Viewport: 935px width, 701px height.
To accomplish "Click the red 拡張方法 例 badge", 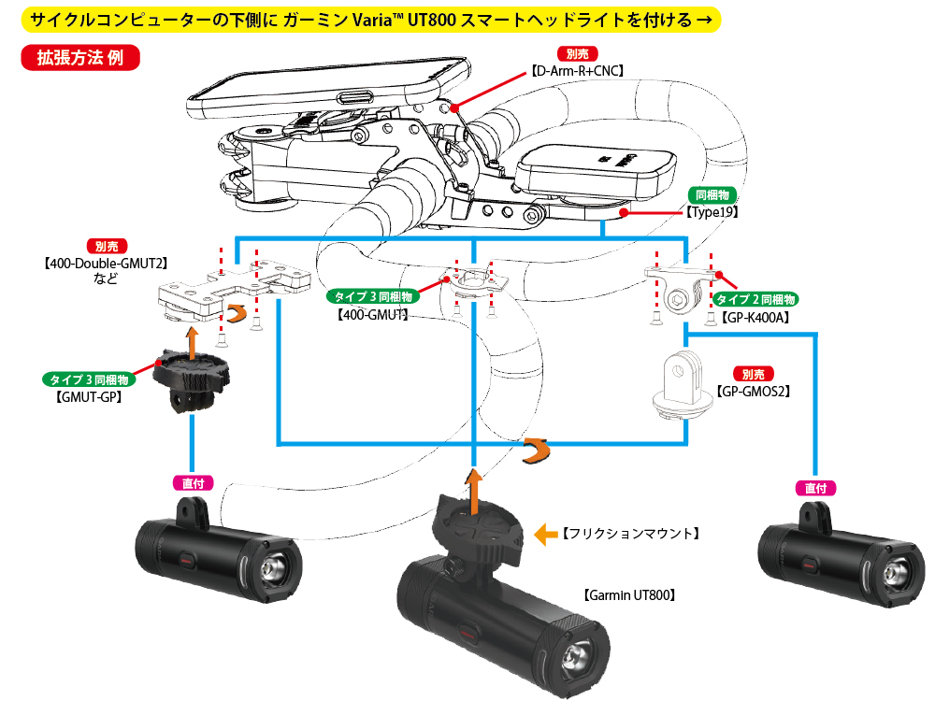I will click(80, 58).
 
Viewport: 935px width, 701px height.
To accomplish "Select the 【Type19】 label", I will click(712, 212).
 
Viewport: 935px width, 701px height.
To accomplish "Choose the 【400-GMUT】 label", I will click(371, 316).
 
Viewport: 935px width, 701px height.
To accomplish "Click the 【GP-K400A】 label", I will click(756, 317).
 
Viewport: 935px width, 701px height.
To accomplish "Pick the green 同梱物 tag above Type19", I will click(713, 195).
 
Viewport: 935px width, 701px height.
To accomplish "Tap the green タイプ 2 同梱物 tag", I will click(755, 299).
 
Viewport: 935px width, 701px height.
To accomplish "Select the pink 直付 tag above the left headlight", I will click(193, 483).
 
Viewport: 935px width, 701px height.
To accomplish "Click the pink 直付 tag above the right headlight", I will click(814, 488).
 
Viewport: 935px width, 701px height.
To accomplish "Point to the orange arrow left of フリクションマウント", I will click(543, 534).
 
